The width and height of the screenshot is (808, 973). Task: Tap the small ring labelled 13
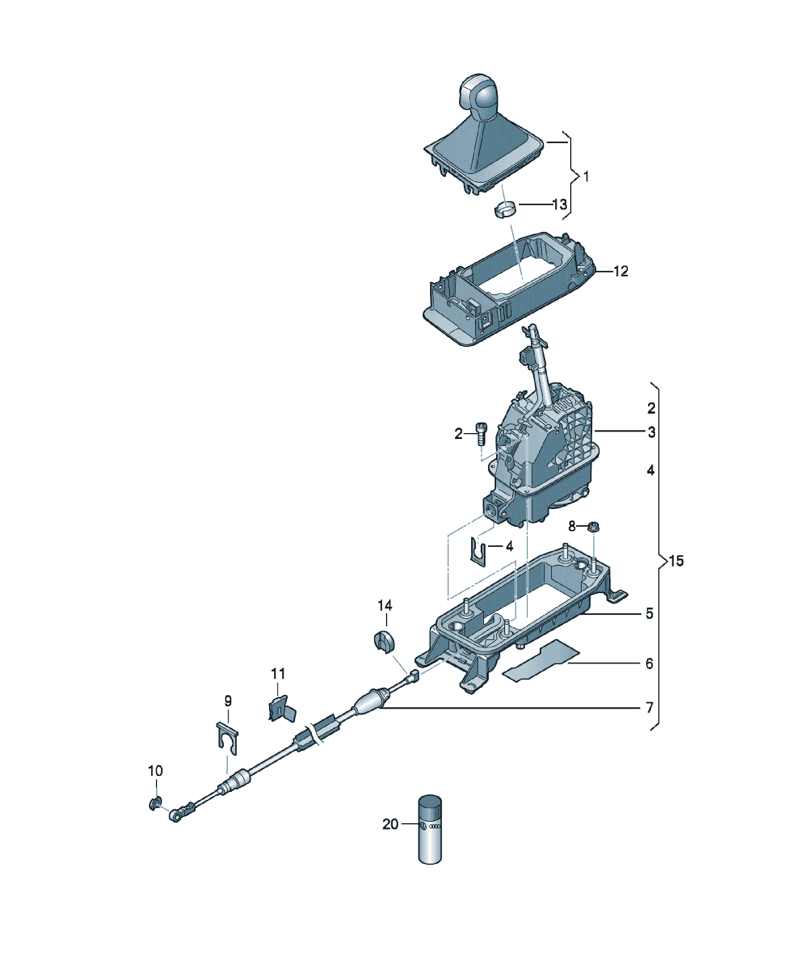(504, 210)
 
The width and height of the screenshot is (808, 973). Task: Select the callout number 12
(620, 271)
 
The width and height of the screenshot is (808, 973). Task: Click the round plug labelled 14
(383, 641)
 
